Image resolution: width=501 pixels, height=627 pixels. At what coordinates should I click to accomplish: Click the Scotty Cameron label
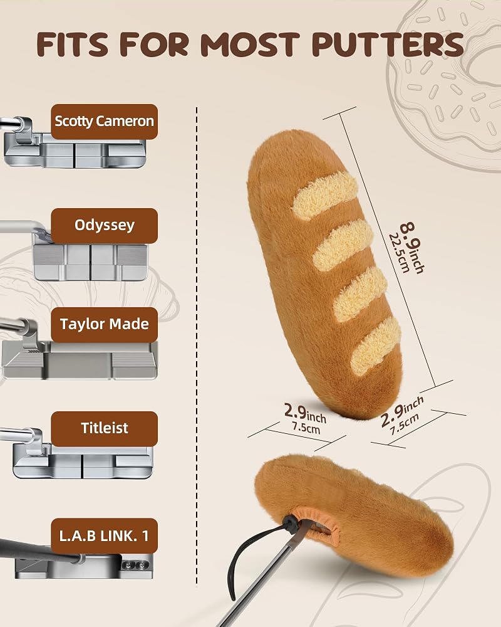pyautogui.click(x=105, y=122)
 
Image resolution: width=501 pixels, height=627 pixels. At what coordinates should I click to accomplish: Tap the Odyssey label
pyautogui.click(x=105, y=226)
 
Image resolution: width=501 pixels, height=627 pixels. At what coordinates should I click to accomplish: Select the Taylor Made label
pyautogui.click(x=105, y=324)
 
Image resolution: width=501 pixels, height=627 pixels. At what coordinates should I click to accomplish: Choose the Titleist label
pyautogui.click(x=105, y=429)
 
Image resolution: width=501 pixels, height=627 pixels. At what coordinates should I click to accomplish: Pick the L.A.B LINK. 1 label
pyautogui.click(x=105, y=536)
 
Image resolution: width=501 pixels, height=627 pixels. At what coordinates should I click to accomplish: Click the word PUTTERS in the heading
pyautogui.click(x=388, y=44)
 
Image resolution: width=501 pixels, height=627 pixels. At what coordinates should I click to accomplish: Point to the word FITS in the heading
pyautogui.click(x=72, y=44)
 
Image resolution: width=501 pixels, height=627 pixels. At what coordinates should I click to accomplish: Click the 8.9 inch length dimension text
pyautogui.click(x=412, y=247)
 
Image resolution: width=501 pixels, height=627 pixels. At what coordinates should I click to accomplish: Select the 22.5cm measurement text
pyautogui.click(x=399, y=253)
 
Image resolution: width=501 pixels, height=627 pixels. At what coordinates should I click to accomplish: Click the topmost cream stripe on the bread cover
pyautogui.click(x=324, y=196)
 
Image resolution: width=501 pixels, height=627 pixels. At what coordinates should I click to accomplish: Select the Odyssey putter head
pyautogui.click(x=90, y=261)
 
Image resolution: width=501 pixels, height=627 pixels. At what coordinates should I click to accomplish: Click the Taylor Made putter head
pyautogui.click(x=80, y=359)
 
